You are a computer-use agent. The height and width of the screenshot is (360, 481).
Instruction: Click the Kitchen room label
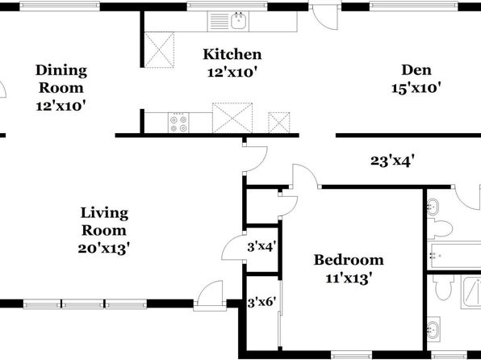[232, 54]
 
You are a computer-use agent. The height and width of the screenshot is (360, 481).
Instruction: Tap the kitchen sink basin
[238, 21]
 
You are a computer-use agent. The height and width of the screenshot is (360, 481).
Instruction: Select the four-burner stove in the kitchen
[178, 123]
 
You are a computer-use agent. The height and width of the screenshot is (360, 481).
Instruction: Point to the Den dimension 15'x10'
[416, 89]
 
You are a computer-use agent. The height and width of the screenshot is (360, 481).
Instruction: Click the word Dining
[61, 70]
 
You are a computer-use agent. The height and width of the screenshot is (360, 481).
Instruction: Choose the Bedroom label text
[349, 260]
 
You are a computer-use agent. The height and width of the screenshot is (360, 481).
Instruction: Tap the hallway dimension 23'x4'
[393, 161]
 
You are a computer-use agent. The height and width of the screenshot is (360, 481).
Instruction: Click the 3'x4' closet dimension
[261, 246]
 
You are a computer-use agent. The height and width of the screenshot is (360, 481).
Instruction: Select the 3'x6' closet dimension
[261, 303]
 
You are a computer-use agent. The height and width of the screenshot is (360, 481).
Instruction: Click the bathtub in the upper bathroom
[454, 255]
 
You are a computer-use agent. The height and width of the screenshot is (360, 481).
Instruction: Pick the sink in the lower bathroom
[433, 329]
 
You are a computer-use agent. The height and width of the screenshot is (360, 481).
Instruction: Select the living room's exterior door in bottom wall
[210, 295]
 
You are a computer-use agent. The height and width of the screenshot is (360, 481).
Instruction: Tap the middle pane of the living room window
[83, 304]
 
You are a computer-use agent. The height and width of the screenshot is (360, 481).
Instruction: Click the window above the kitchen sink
[227, 6]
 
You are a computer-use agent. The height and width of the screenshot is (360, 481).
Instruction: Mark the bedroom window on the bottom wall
[351, 355]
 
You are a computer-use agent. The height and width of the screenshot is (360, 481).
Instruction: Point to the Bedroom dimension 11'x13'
[349, 278]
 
